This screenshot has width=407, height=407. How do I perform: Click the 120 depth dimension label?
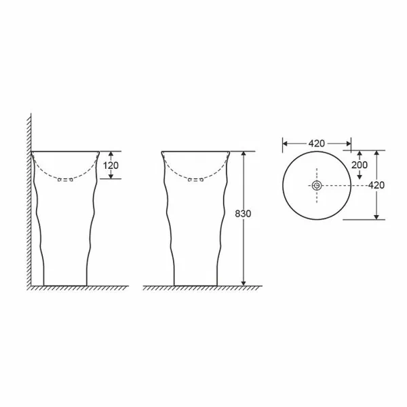111,166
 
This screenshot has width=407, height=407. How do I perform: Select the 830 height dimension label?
243,214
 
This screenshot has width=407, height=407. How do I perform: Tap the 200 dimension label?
360,165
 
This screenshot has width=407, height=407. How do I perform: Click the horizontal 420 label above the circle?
316,143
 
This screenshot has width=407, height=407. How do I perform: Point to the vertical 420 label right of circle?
376,185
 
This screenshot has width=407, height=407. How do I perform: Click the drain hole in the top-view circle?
317,186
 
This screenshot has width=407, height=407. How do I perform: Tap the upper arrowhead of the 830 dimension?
244,154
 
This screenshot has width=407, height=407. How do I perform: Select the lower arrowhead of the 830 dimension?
244,283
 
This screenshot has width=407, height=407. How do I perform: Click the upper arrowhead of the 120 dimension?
111,154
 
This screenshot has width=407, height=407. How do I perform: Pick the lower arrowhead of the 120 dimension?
111,176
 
